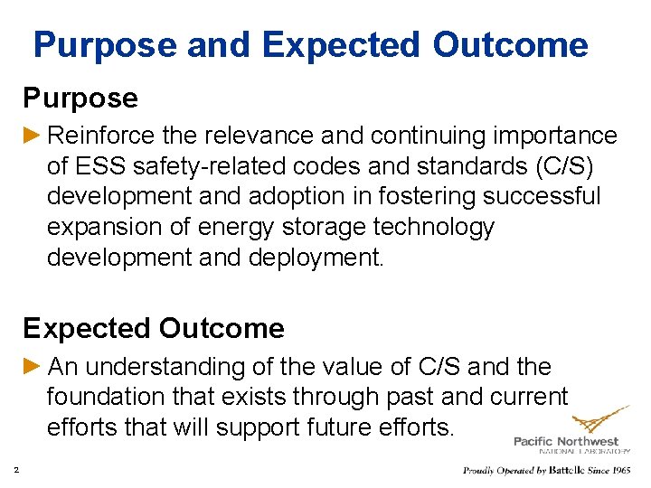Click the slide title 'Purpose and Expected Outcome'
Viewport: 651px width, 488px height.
[310, 44]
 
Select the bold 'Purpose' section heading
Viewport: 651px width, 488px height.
[80, 98]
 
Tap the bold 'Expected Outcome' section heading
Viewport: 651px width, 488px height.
[154, 328]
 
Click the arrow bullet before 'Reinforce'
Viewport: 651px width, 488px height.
[33, 136]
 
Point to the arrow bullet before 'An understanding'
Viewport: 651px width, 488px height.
[33, 366]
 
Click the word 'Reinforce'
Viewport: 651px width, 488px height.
[101, 136]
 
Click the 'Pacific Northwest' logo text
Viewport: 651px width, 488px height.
[566, 442]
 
